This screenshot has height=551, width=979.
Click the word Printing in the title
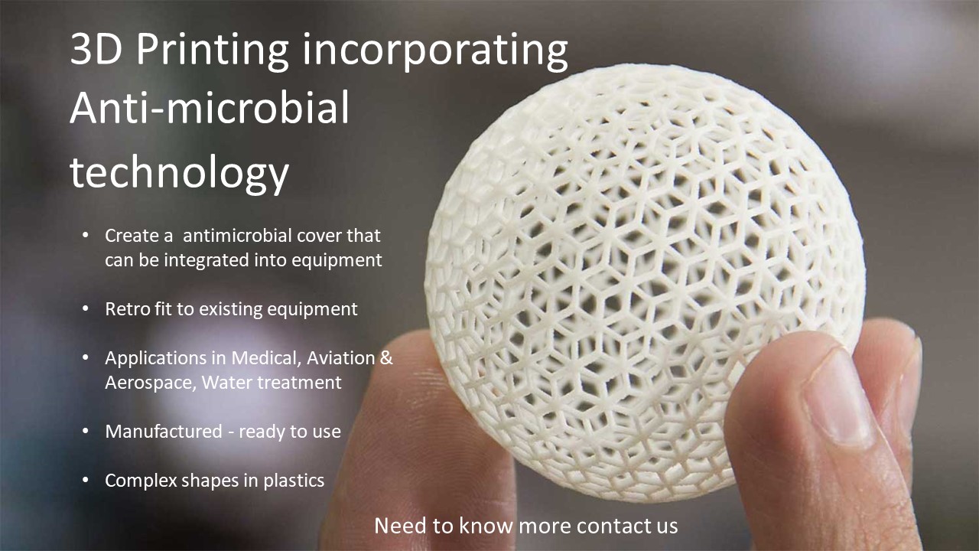213,50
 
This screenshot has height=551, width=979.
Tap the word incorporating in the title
435,51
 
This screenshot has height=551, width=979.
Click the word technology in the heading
179,172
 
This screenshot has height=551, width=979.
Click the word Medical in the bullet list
265,358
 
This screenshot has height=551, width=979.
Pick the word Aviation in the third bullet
340,358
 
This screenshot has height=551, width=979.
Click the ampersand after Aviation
386,358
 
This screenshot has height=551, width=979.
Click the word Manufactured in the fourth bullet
164,432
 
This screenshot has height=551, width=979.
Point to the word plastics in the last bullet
294,481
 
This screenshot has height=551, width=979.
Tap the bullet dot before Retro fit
86,309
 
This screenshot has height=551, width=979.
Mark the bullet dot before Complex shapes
86,481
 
